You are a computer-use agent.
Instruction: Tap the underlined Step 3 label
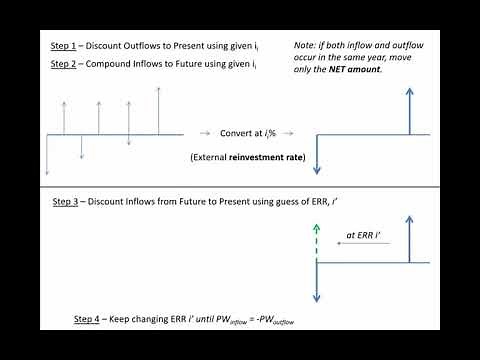[66, 201]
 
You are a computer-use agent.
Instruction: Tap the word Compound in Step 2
[111, 65]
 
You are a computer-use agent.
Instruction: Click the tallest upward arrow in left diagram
[158, 110]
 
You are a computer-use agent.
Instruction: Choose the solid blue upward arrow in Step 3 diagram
[408, 241]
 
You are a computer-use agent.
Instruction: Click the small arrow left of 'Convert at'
[205, 133]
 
